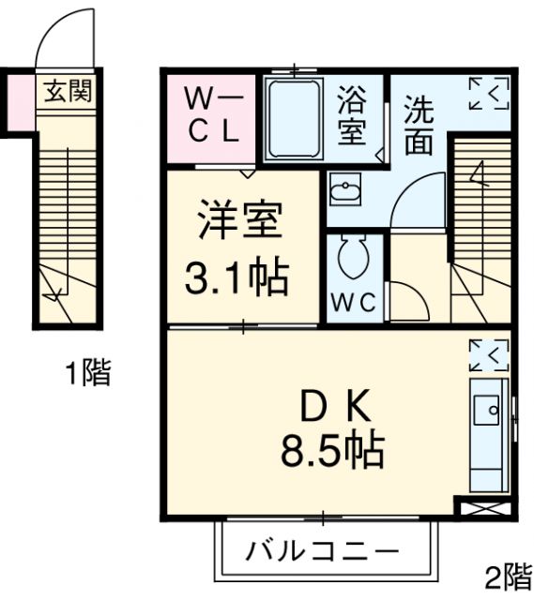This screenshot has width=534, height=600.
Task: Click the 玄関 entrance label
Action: point(64,93)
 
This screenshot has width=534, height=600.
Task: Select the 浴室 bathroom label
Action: point(352,115)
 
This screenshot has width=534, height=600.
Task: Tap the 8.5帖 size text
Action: point(331,452)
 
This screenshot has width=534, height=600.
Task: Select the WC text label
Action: point(353,304)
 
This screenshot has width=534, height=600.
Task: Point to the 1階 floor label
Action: point(87,374)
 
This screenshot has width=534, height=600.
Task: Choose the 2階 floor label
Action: point(508,574)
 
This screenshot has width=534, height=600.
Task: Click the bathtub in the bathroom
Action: point(294,118)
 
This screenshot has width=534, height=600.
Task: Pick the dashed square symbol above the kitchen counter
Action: point(487,354)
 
